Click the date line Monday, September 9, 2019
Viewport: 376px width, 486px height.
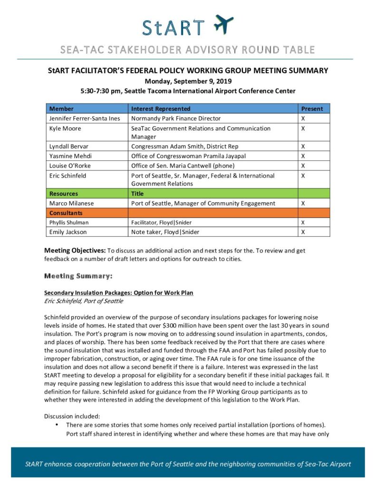[188, 81]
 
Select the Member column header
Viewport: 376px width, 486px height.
[61, 109]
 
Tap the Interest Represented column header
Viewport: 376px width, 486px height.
[161, 109]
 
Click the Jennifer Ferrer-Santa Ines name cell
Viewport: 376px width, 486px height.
[85, 118]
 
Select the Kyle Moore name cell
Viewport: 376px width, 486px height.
[65, 128]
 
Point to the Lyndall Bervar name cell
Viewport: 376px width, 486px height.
[68, 147]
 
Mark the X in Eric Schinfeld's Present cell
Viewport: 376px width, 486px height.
[303, 176]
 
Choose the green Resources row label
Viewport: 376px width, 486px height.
[64, 194]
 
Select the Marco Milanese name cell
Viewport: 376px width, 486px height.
[71, 203]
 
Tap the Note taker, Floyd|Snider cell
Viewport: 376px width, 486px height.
[165, 232]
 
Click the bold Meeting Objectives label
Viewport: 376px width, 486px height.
[75, 250]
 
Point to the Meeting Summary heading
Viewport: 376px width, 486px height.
[78, 276]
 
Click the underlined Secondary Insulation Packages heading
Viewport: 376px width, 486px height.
[119, 293]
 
